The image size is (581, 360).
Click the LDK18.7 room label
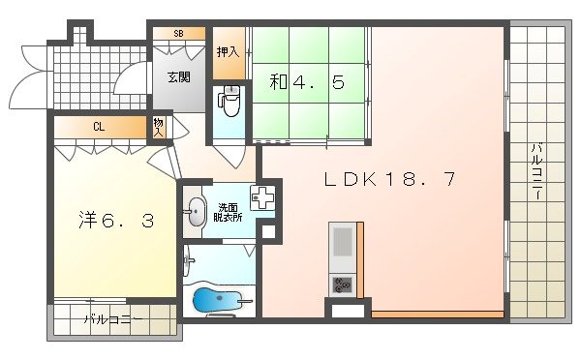(x=388, y=179)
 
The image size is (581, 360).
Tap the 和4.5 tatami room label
(x=306, y=83)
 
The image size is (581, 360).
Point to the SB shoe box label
(x=178, y=34)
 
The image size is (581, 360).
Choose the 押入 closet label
(x=228, y=53)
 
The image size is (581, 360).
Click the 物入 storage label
(x=159, y=126)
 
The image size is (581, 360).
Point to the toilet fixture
(x=229, y=100)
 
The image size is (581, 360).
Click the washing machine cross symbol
(x=262, y=198)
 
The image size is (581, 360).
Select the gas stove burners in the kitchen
(x=342, y=285)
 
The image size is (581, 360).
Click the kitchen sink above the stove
(x=342, y=247)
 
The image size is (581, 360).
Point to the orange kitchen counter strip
(x=436, y=315)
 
